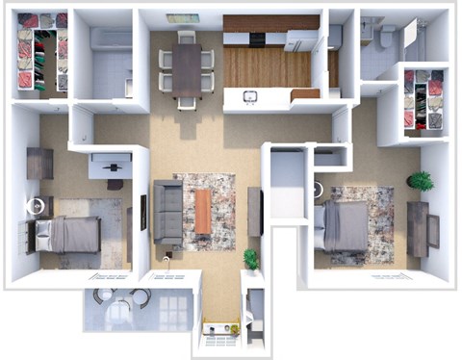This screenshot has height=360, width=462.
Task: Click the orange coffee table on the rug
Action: pyautogui.click(x=203, y=211)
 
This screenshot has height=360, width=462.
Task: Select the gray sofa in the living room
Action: pyautogui.click(x=167, y=211)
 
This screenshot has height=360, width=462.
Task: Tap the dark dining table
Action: pyautogui.click(x=187, y=68)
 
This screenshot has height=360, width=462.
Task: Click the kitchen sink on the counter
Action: pyautogui.click(x=249, y=96)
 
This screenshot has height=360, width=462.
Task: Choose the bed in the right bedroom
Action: pyautogui.click(x=346, y=224)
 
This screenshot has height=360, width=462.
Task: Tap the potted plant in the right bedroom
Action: pyautogui.click(x=420, y=180)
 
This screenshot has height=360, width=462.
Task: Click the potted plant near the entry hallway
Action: pyautogui.click(x=251, y=258)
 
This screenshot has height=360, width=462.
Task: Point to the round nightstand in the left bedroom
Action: pyautogui.click(x=37, y=205)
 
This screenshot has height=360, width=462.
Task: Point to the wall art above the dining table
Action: pyautogui.click(x=183, y=17)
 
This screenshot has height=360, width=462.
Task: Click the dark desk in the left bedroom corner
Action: pyautogui.click(x=39, y=163)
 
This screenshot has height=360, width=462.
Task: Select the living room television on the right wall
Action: pyautogui.click(x=255, y=211)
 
